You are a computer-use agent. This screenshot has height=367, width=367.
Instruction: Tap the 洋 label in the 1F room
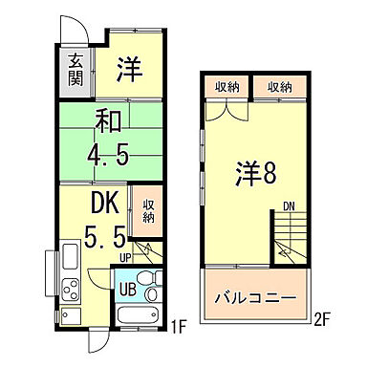[130, 69]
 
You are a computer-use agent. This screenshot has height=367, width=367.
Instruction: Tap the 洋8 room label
[258, 175]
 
